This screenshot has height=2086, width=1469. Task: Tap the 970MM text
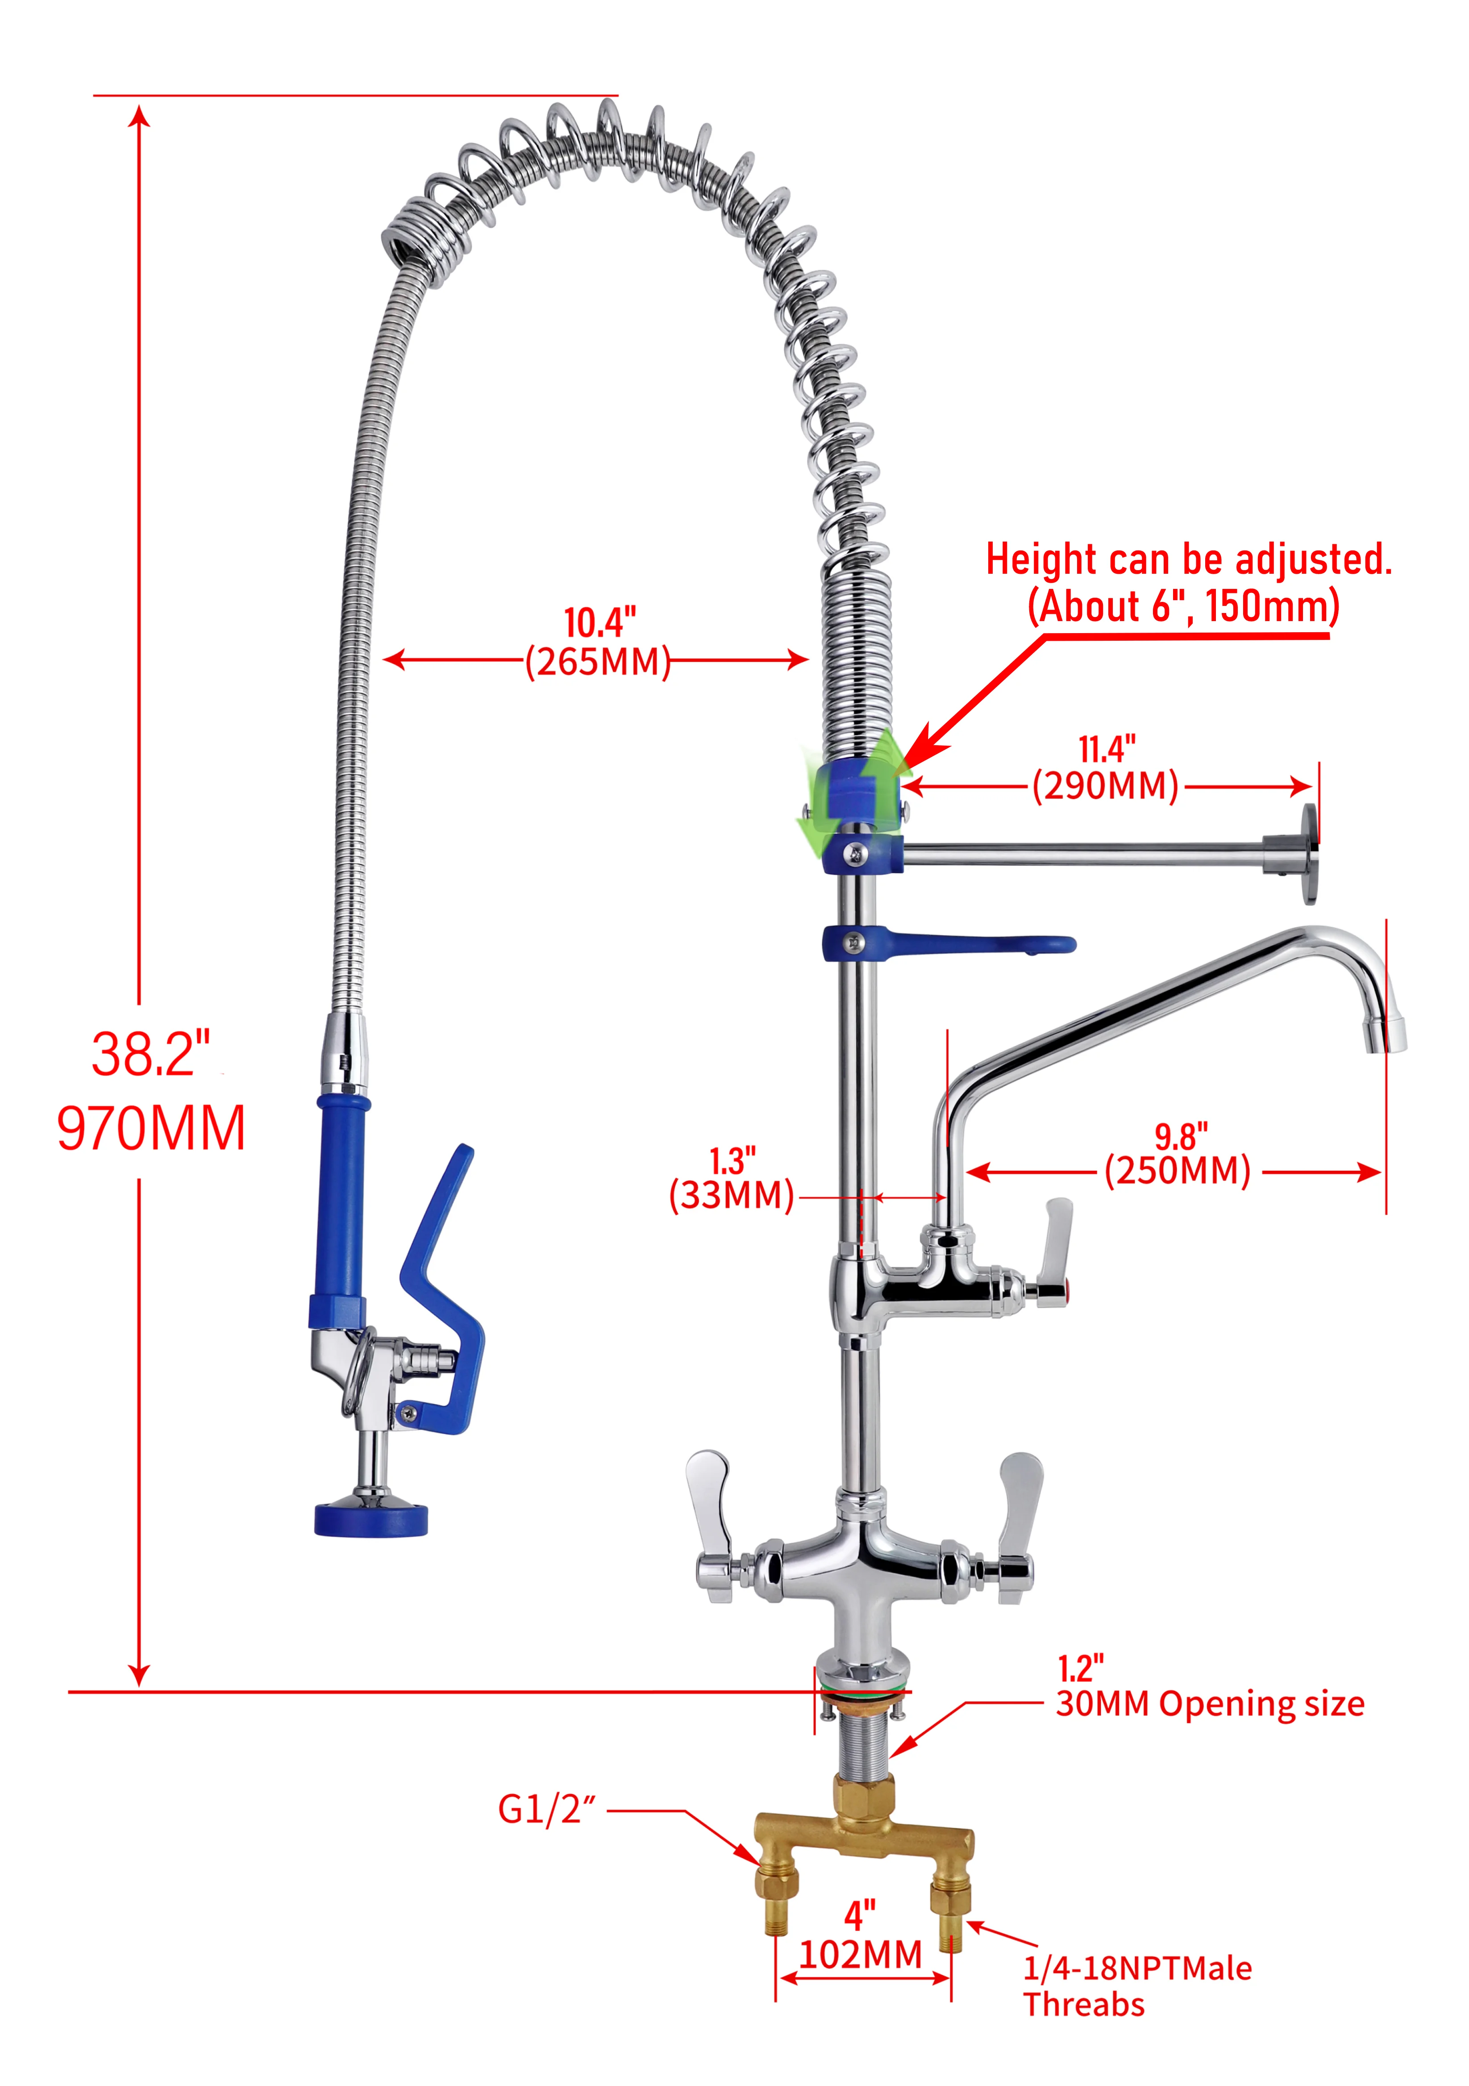click(x=151, y=1129)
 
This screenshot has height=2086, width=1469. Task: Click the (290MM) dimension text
click(x=1106, y=786)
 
